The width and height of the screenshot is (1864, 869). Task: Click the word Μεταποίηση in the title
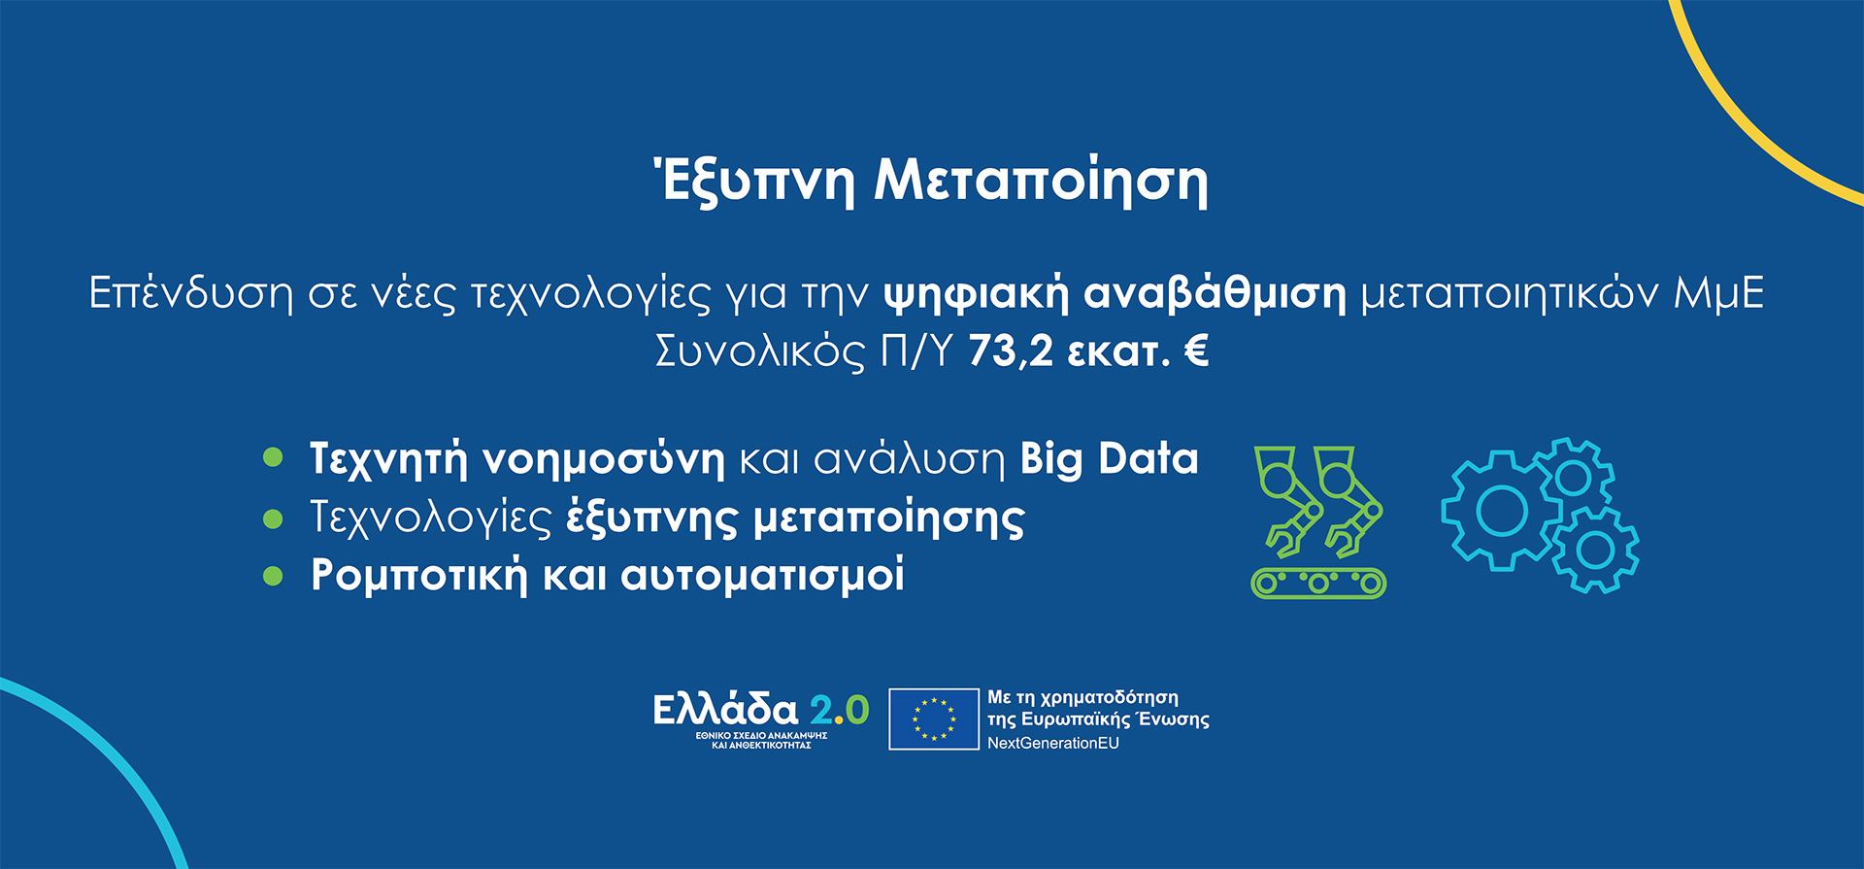[1041, 181]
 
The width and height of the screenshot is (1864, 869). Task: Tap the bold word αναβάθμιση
[1215, 293]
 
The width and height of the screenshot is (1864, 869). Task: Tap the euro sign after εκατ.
[1196, 350]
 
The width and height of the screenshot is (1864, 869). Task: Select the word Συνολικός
[759, 351]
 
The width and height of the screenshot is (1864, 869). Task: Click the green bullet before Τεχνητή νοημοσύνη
[273, 457]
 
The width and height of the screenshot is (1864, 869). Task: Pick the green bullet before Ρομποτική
[273, 576]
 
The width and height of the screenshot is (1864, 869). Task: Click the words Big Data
[1110, 459]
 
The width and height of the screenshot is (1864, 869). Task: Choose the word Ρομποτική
[418, 575]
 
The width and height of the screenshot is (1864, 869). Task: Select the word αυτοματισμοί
[762, 575]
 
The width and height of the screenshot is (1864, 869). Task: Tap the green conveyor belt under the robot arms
[1318, 583]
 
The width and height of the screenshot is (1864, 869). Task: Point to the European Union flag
[934, 719]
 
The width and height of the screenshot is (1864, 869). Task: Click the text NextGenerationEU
[1053, 743]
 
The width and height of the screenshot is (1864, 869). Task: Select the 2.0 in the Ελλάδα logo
[840, 711]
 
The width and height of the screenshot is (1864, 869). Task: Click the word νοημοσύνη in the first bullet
[603, 459]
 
